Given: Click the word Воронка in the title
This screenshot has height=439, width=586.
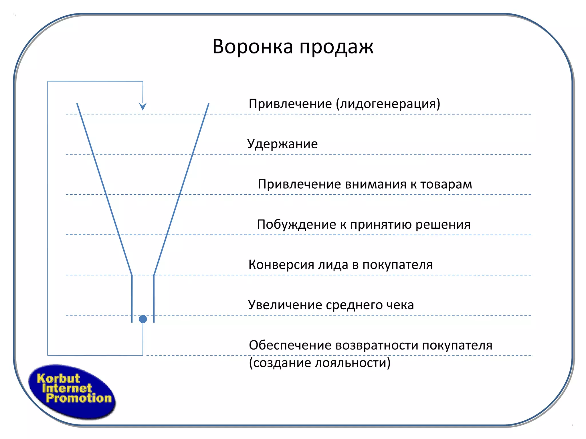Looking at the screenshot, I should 253,46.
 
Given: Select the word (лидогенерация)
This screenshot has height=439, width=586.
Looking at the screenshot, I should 388,104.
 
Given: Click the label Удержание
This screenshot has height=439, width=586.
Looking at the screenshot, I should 282,144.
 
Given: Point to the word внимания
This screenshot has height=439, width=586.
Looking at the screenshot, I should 376,184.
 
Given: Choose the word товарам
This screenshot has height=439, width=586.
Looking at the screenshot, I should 446,184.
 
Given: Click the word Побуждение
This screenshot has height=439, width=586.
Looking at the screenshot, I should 296,225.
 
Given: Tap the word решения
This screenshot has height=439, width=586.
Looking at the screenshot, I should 443,225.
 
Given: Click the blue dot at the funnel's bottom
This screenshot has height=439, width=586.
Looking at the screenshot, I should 143,319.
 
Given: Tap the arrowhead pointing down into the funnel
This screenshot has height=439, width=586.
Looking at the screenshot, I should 143,106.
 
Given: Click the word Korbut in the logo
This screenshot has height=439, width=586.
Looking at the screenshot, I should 58,378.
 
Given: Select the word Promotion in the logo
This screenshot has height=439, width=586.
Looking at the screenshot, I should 79,398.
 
